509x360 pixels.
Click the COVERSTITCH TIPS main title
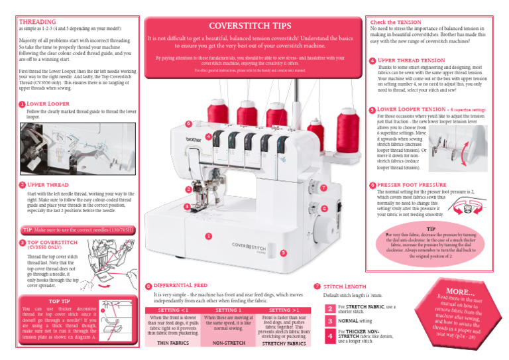coord(254,26)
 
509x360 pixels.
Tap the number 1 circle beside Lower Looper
coord(22,105)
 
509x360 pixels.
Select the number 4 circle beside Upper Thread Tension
coord(372,60)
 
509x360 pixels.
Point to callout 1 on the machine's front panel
coord(208,236)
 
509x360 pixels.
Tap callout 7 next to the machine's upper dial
coord(323,188)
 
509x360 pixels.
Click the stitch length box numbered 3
coord(329,321)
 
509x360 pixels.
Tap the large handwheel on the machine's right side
coord(312,198)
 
